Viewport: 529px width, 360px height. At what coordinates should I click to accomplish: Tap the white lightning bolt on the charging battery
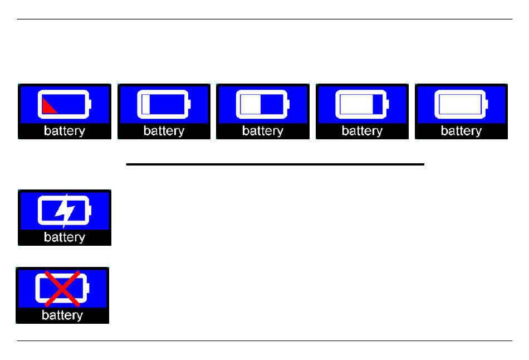[65, 211]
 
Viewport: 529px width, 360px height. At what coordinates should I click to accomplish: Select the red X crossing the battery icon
[62, 289]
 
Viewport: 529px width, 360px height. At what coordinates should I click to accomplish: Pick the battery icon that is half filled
[263, 104]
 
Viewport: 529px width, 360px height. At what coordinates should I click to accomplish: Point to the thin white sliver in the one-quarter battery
[146, 104]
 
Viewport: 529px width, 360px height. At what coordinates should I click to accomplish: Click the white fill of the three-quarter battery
[356, 104]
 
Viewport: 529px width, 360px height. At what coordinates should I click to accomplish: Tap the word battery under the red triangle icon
[65, 131]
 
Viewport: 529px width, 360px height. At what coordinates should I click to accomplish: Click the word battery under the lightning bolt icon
[65, 237]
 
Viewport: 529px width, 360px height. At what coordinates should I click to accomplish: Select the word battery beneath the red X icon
[62, 315]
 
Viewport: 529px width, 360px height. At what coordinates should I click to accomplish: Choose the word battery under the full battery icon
[461, 131]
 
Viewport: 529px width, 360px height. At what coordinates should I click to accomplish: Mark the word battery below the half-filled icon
[263, 131]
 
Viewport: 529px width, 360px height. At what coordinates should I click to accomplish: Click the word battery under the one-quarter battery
[164, 131]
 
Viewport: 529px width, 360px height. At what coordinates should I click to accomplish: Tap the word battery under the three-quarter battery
[362, 131]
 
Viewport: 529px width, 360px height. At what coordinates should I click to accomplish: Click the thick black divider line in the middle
[275, 164]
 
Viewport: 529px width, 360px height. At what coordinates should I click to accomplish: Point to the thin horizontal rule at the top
[264, 20]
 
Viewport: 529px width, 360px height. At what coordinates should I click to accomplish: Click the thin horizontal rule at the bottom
[264, 340]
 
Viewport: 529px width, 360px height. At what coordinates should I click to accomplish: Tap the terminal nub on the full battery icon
[487, 104]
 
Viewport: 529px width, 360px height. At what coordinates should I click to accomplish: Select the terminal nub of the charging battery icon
[90, 211]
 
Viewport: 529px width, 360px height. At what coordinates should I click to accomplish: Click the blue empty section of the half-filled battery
[272, 104]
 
